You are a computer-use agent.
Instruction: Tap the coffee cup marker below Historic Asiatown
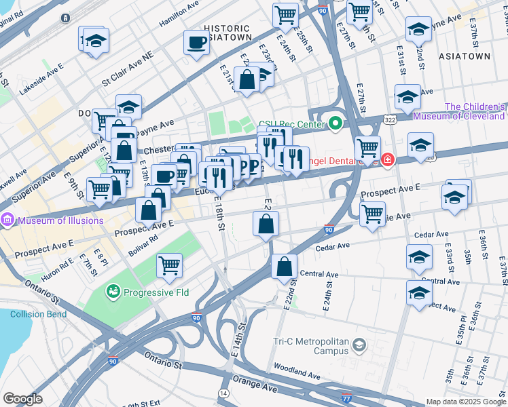click(x=196, y=43)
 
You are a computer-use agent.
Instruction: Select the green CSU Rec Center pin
click(x=334, y=123)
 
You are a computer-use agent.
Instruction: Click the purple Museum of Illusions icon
click(x=8, y=220)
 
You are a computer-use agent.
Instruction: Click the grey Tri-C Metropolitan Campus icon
click(x=358, y=347)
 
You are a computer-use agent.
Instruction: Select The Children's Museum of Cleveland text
click(x=475, y=111)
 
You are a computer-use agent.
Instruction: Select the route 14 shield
click(x=224, y=393)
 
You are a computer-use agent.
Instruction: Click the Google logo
click(x=22, y=398)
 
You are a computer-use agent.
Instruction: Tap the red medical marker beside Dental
click(x=387, y=161)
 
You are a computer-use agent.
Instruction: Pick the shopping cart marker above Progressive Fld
click(x=169, y=265)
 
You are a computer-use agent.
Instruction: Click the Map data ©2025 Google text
click(x=466, y=402)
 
